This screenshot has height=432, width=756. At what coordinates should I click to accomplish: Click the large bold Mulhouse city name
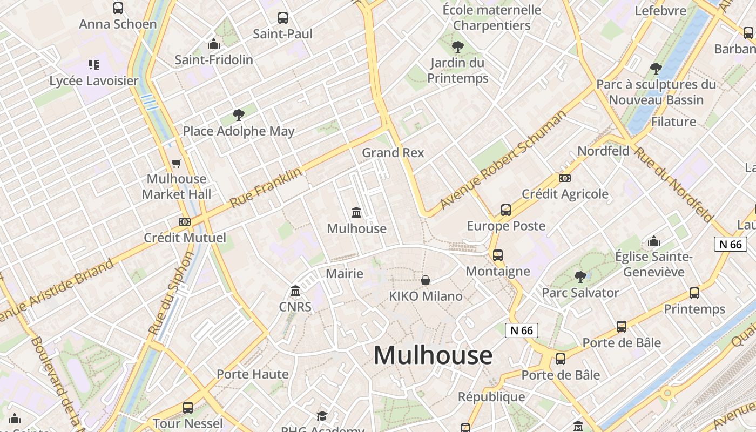coord(433,355)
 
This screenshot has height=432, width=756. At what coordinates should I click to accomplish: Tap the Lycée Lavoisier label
coord(94,81)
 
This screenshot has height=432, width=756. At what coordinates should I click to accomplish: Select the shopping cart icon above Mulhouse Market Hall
coord(176,163)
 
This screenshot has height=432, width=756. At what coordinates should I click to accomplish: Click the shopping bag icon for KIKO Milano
coord(426,280)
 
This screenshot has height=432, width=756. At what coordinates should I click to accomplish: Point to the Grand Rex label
coord(393,153)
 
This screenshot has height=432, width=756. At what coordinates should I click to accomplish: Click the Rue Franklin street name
coord(266,188)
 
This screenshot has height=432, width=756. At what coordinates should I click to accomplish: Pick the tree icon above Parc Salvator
coord(580,277)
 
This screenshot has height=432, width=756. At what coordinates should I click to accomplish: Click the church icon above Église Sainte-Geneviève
coord(654,240)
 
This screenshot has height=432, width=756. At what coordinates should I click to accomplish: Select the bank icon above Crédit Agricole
coord(565,178)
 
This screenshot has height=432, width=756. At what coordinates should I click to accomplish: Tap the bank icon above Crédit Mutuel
coord(185,222)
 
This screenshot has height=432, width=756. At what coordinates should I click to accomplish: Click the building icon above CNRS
coord(295,292)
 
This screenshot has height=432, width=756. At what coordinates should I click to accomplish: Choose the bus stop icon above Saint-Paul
coord(283,18)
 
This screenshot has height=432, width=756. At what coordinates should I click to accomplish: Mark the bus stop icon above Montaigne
coord(498,255)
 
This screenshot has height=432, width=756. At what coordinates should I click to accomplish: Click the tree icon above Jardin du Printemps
coord(458,47)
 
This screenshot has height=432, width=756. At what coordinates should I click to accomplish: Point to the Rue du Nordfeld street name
coord(673,184)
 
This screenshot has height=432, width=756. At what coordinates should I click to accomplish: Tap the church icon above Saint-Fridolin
coord(214,44)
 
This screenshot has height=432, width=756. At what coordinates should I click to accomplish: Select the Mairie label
coord(345,274)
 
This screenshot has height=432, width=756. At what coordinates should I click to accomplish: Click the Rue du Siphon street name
coord(171,293)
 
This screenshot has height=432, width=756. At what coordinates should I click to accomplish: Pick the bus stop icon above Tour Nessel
coord(188,408)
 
